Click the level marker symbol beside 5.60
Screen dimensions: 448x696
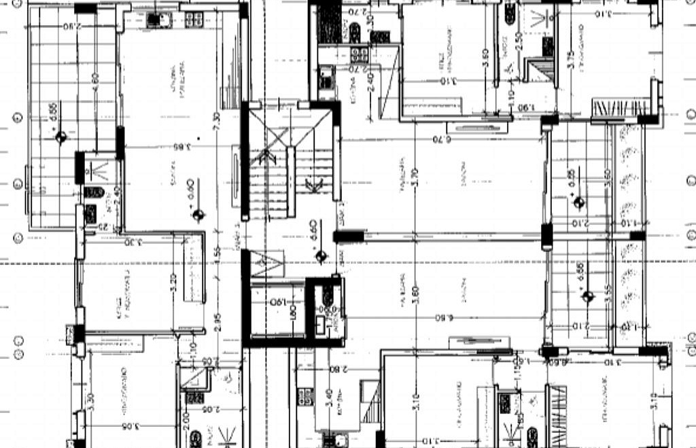[321, 256]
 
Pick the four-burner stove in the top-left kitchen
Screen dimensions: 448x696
[194, 19]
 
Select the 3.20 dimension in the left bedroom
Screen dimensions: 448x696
[173, 281]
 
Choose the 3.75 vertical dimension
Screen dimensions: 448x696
[571, 59]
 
